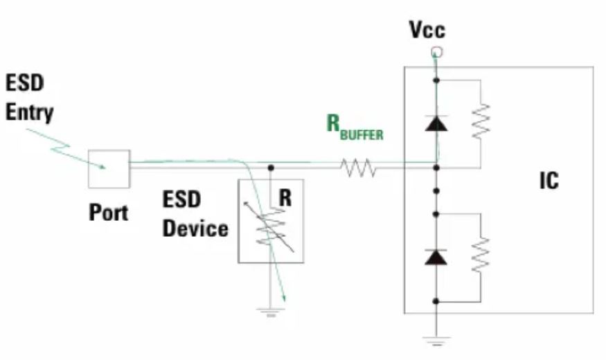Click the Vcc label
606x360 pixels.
pyautogui.click(x=427, y=30)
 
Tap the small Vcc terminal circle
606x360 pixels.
pyautogui.click(x=436, y=52)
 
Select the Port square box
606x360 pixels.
pyautogui.click(x=109, y=168)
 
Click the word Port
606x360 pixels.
pyautogui.click(x=109, y=212)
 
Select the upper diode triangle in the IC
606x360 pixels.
pyautogui.click(x=436, y=123)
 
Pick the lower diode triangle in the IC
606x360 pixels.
pyautogui.click(x=436, y=258)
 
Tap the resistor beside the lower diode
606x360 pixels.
pyautogui.click(x=480, y=255)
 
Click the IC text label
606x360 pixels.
pyautogui.click(x=549, y=181)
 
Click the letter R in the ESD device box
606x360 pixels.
pyautogui.click(x=285, y=199)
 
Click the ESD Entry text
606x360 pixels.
pyautogui.click(x=30, y=97)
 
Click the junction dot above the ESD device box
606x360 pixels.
pyautogui.click(x=270, y=167)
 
